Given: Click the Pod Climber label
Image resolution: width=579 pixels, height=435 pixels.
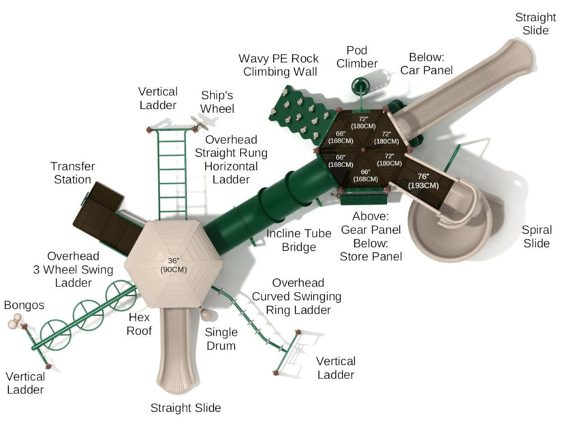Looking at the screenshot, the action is click(x=357, y=57).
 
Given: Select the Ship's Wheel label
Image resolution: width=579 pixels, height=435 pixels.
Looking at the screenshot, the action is click(x=217, y=102).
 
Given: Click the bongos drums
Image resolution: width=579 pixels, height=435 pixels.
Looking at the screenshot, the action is click(x=15, y=321).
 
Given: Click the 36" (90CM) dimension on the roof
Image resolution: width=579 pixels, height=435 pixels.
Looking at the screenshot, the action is click(x=173, y=265).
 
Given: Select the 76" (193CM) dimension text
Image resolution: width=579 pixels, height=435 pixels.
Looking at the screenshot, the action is click(x=423, y=181).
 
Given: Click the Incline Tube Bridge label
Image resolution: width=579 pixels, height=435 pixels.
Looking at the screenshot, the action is click(x=299, y=240).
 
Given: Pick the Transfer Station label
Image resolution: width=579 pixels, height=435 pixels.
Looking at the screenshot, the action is click(x=72, y=172).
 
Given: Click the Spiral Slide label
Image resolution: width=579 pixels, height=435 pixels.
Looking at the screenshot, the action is click(x=537, y=237).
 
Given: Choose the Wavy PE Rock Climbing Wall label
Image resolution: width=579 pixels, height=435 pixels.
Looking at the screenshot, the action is click(x=279, y=65).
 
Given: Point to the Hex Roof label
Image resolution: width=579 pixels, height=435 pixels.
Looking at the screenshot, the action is click(x=139, y=324).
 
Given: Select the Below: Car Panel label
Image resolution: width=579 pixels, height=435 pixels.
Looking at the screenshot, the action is click(x=426, y=63).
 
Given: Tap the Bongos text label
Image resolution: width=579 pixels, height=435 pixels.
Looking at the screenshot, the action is click(x=24, y=305).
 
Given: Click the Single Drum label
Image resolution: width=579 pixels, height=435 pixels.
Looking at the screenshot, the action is click(x=221, y=339).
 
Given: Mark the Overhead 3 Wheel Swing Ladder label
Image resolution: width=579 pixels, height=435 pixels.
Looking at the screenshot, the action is click(x=73, y=269).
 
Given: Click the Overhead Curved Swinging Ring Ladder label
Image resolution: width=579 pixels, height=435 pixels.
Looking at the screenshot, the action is click(x=296, y=297).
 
